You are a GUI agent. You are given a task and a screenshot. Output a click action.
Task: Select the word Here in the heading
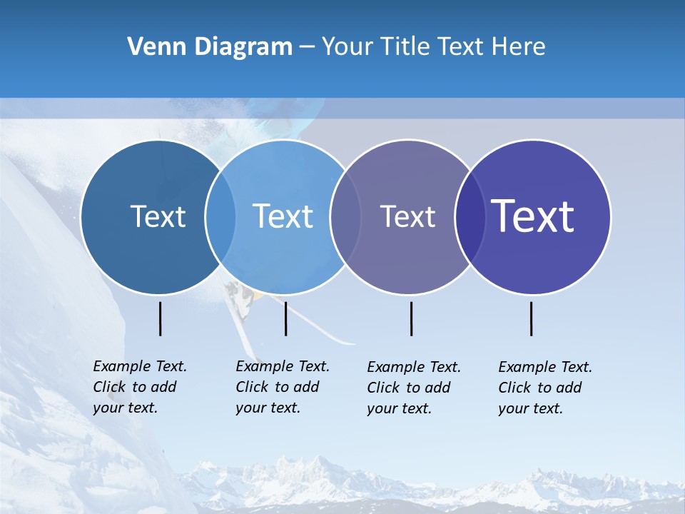[x=519, y=47]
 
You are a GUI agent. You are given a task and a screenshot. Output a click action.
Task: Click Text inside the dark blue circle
[x=158, y=216]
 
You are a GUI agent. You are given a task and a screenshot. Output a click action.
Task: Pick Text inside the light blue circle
[x=283, y=216]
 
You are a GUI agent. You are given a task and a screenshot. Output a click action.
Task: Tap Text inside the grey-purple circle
[x=407, y=216]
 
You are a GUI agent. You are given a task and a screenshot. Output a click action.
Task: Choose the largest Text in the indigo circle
[x=533, y=216]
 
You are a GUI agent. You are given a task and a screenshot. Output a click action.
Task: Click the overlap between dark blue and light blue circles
[x=220, y=217]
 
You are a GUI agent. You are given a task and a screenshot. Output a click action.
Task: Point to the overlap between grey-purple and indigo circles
[x=470, y=217]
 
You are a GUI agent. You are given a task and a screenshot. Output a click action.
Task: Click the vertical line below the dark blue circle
[x=161, y=318]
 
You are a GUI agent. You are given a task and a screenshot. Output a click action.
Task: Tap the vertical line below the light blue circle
[x=285, y=318]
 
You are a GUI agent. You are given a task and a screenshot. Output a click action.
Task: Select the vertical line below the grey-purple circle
[x=412, y=318]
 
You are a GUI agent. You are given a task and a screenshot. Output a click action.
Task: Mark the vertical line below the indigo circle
[x=532, y=318]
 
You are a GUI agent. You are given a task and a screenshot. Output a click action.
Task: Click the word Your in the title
[x=347, y=47]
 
